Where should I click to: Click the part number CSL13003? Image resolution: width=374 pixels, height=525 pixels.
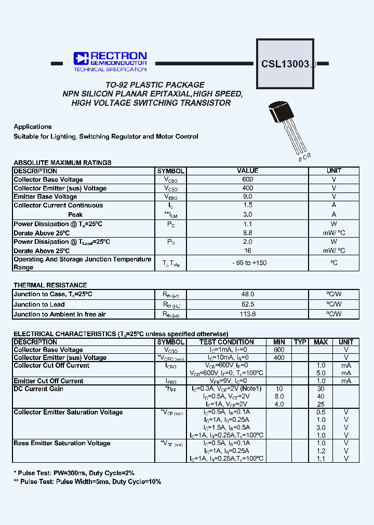(285, 64)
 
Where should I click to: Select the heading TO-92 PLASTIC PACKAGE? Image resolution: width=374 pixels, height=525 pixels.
(155, 85)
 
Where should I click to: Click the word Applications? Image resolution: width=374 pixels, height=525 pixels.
(33, 127)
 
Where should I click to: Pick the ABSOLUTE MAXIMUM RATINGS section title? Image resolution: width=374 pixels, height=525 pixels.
(62, 162)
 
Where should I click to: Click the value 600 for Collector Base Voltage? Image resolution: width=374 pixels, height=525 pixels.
(248, 179)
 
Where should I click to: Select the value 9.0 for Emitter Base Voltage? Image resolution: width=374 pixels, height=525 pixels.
(248, 197)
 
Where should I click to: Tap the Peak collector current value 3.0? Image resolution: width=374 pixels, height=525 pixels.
(248, 214)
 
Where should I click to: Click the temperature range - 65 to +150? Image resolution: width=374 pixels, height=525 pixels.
(249, 263)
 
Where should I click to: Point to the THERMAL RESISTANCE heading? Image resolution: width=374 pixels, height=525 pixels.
(50, 285)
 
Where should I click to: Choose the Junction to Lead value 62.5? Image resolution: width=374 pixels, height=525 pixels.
(248, 304)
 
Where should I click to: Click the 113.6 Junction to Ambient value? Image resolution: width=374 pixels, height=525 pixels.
(248, 314)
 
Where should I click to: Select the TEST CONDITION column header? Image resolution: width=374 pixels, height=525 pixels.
(226, 342)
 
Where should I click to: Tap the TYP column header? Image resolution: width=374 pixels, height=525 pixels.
(300, 342)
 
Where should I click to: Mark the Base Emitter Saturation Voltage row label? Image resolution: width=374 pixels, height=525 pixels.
(62, 443)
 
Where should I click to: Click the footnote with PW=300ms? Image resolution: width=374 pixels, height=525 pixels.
(74, 473)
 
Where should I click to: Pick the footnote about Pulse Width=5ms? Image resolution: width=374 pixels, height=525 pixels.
(87, 481)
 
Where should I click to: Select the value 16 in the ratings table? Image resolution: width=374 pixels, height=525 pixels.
(248, 250)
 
